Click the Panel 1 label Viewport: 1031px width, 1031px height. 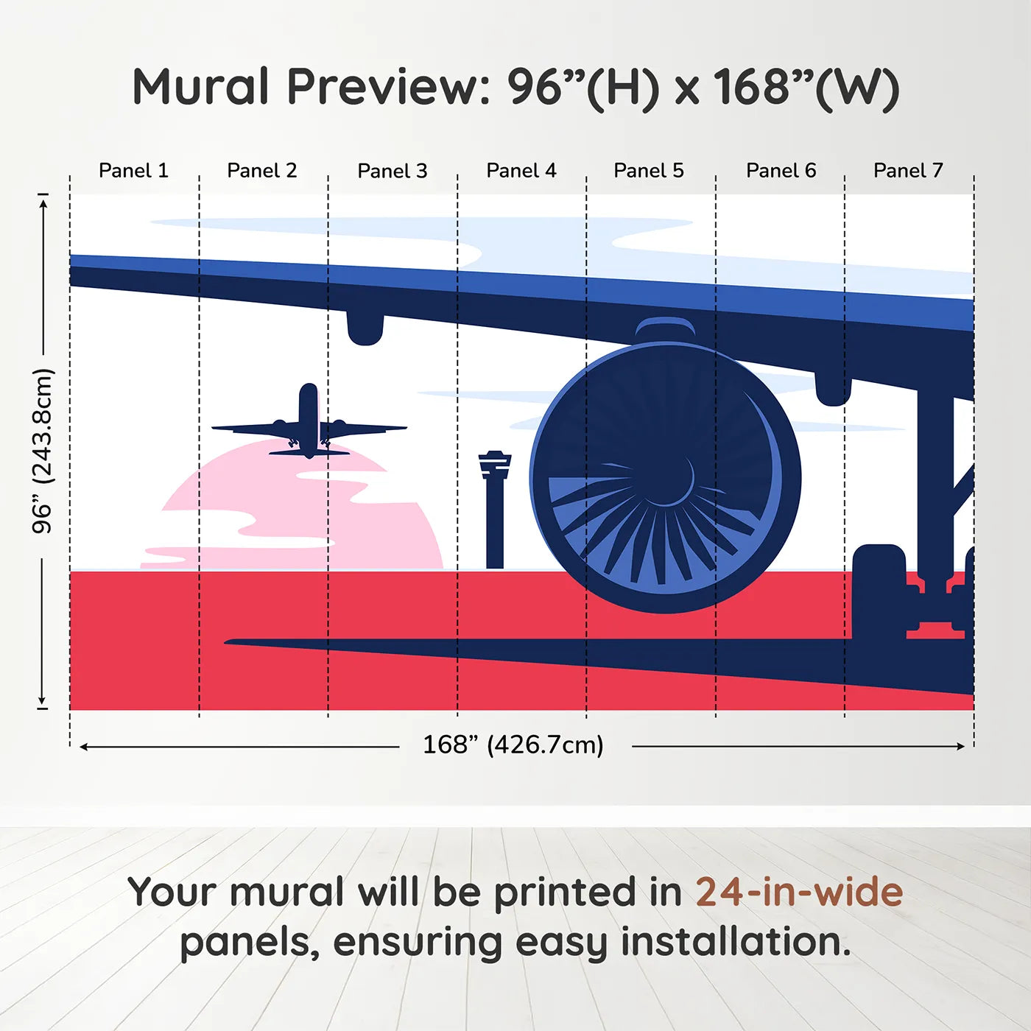(133, 171)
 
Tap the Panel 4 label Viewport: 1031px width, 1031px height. (521, 171)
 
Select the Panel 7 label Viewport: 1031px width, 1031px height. (907, 171)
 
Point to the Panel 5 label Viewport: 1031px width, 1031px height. (648, 171)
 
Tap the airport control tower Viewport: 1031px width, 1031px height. (494, 508)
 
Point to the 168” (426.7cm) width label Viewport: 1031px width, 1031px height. (513, 745)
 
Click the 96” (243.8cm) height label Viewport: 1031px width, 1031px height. (43, 451)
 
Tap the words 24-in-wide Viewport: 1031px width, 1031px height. (798, 892)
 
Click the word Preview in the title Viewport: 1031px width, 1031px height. (383, 87)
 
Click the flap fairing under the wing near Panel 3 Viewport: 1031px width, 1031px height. (365, 328)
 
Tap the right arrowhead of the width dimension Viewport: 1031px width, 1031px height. (960, 746)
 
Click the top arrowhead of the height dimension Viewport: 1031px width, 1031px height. (43, 201)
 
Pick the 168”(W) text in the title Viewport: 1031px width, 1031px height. (806, 87)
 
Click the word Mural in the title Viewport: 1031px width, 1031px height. (201, 87)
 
